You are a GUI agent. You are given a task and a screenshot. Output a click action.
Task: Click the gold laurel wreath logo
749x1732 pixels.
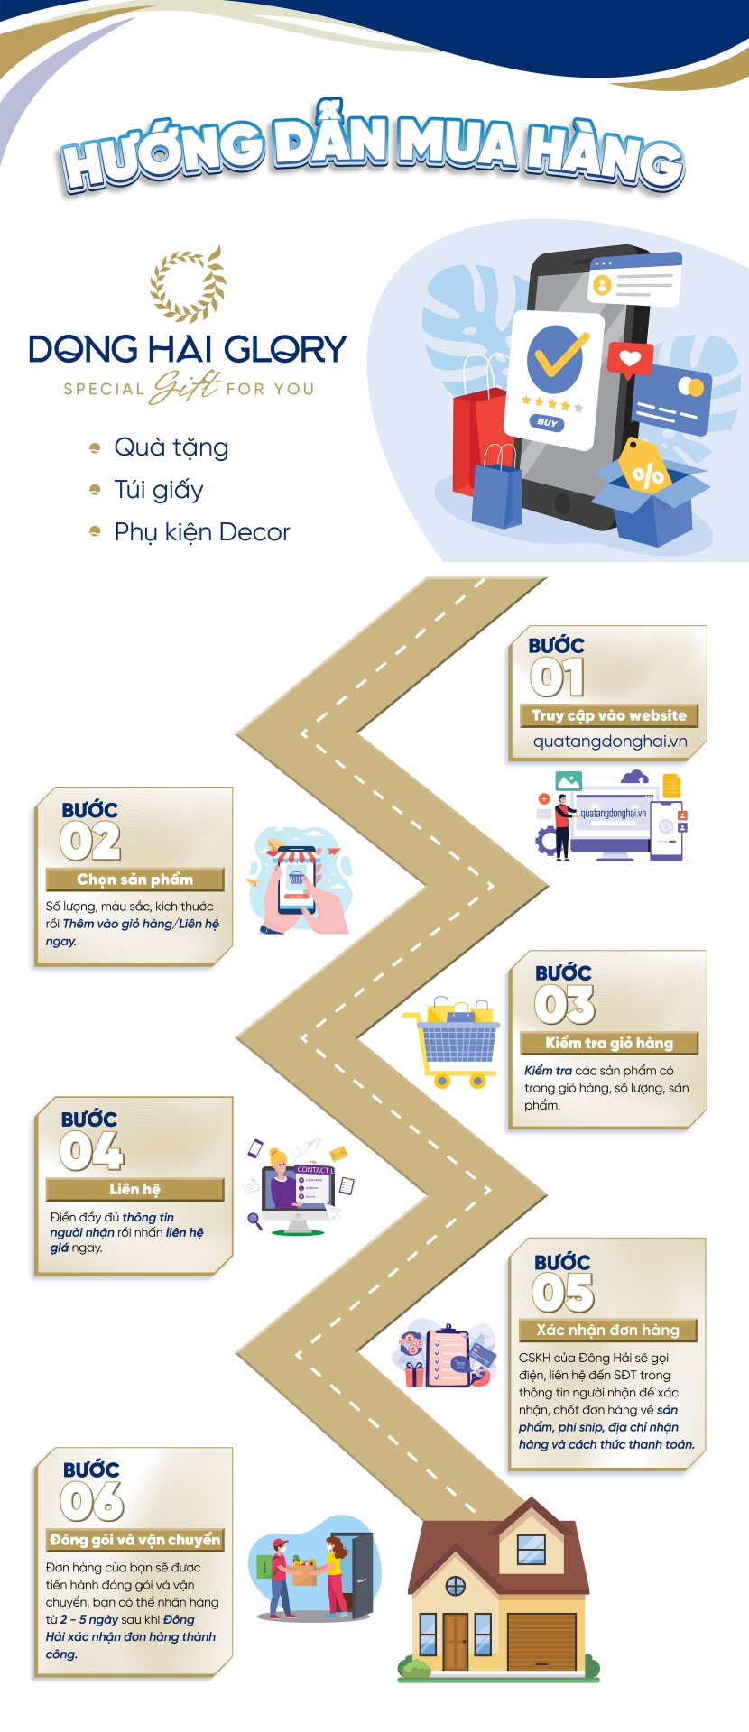[187, 283]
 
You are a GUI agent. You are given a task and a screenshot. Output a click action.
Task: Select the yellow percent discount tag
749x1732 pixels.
[645, 468]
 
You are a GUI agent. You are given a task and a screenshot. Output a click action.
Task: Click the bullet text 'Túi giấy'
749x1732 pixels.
[159, 490]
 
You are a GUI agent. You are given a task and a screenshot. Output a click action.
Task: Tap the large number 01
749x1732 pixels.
[557, 677]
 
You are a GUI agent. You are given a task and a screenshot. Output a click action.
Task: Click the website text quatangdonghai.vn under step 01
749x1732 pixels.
[610, 742]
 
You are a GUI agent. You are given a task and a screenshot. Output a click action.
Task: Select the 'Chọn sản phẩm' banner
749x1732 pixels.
[135, 880]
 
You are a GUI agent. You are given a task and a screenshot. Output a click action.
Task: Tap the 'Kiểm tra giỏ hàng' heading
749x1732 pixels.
[609, 1044]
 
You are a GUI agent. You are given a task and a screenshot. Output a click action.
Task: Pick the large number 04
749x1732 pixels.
[91, 1150]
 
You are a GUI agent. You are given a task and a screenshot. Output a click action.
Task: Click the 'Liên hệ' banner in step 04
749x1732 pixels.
[135, 1189]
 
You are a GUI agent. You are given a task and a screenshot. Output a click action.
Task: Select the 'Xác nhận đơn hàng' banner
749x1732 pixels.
[607, 1330]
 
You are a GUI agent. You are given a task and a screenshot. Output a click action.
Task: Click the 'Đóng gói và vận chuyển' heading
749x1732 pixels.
[135, 1540]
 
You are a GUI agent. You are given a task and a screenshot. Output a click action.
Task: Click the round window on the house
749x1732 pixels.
[456, 1585]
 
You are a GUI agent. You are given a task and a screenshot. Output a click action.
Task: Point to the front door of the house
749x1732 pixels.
[456, 1641]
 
